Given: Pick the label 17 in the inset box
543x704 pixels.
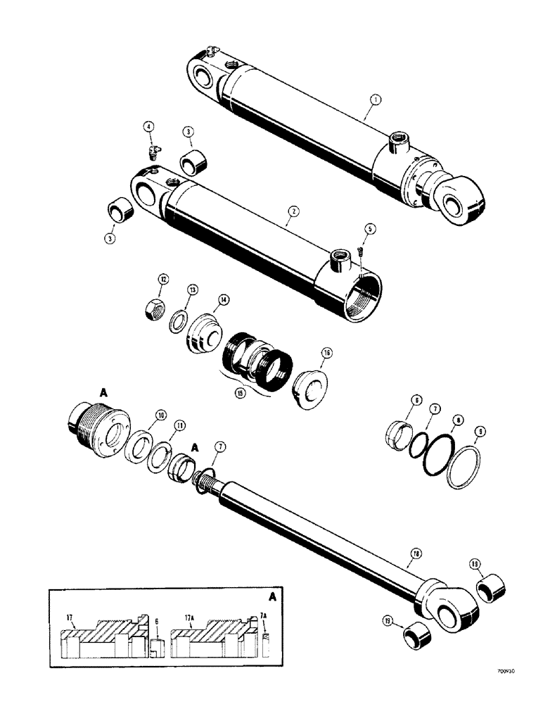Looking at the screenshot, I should point(70,618).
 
